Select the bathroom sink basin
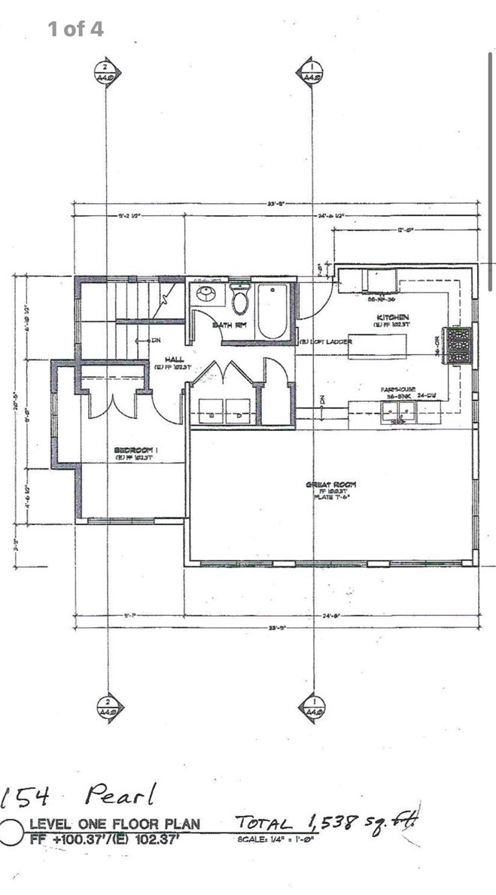point(205,296)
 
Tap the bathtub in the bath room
point(272,309)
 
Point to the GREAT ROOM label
point(330,485)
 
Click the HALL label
point(174,360)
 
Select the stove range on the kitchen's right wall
point(460,346)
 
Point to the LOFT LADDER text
point(327,342)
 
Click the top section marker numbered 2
point(105,71)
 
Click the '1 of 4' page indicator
point(75,29)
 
